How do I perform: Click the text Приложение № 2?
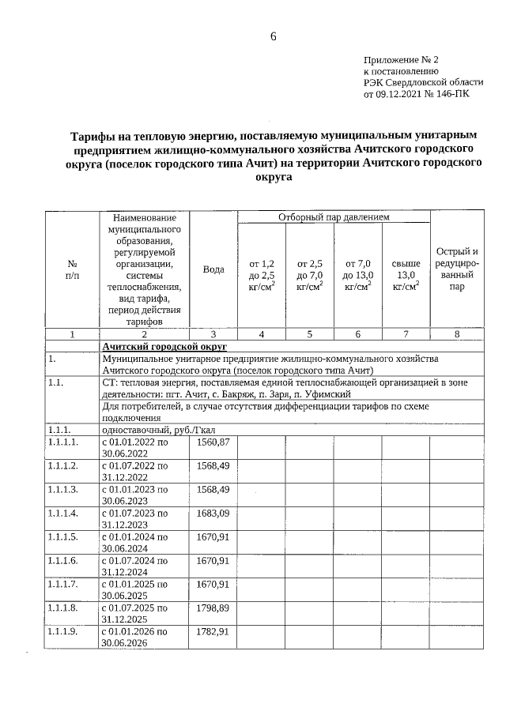coord(400,59)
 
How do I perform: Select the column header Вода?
coord(213,269)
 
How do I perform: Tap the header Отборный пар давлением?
coord(334,216)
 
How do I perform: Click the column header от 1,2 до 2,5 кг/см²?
coord(262,274)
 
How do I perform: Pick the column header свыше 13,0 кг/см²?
coord(406,274)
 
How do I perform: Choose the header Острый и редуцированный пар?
coord(457,269)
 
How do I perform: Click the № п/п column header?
coord(71,269)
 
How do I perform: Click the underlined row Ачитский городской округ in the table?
coord(164,347)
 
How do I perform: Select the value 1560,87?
coord(213,441)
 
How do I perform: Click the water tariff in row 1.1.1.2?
coord(213,465)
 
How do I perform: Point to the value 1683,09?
coord(213,513)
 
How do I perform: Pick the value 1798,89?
coord(213,608)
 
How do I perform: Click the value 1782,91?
coord(213,632)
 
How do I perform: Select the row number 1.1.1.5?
coord(62,536)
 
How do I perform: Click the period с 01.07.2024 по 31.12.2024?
coord(135,566)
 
